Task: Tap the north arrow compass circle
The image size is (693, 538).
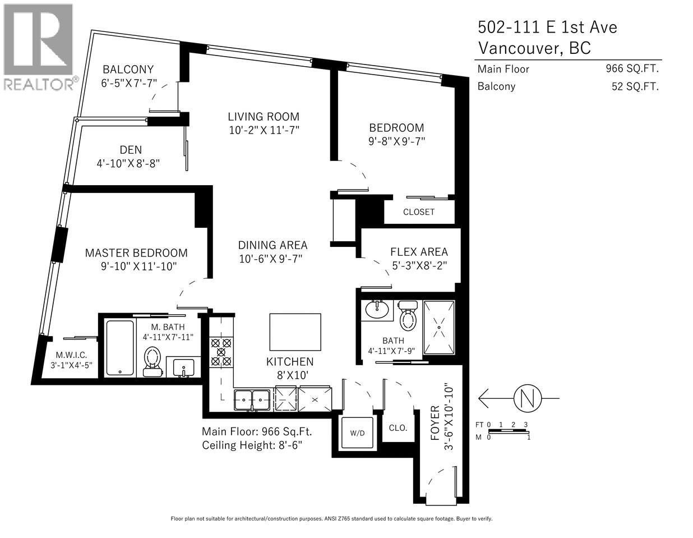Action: tap(528, 398)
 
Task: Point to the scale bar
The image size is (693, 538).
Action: tap(507, 430)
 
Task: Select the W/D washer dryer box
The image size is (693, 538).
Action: tap(357, 433)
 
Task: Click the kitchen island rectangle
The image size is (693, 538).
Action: tap(295, 332)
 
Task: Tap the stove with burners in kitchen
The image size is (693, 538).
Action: tap(220, 352)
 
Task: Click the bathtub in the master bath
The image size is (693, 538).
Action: tap(120, 348)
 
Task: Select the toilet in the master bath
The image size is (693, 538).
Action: tap(152, 360)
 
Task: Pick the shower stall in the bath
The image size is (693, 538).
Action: tap(438, 328)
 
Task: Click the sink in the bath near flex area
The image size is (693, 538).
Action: tap(377, 309)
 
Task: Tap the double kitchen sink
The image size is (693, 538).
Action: tap(252, 399)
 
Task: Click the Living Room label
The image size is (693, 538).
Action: tap(263, 117)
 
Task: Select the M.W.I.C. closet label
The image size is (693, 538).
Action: tap(71, 355)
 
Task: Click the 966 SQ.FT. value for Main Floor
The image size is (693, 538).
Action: tap(631, 69)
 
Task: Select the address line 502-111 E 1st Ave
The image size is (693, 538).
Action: tap(547, 27)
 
